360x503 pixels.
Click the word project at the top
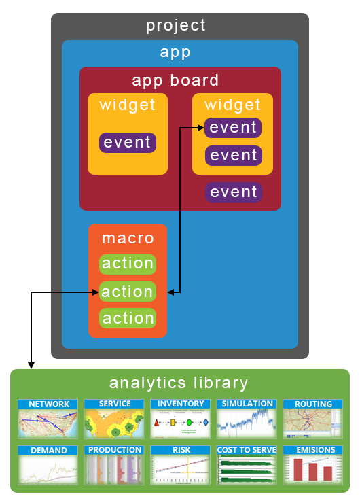tap(176, 26)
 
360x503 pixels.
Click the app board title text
tap(176, 80)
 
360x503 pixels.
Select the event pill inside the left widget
tap(128, 143)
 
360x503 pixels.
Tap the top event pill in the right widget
tap(233, 127)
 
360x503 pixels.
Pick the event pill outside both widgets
tap(233, 192)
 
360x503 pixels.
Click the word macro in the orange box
tap(128, 239)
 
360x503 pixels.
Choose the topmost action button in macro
tap(128, 264)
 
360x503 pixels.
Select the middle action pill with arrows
tap(128, 292)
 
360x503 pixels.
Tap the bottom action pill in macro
tap(128, 318)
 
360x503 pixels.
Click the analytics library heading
tap(179, 383)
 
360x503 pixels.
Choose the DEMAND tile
tap(48, 465)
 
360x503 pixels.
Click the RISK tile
tap(180, 465)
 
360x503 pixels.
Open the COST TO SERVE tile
tap(247, 465)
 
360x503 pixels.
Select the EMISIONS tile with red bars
tap(312, 465)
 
